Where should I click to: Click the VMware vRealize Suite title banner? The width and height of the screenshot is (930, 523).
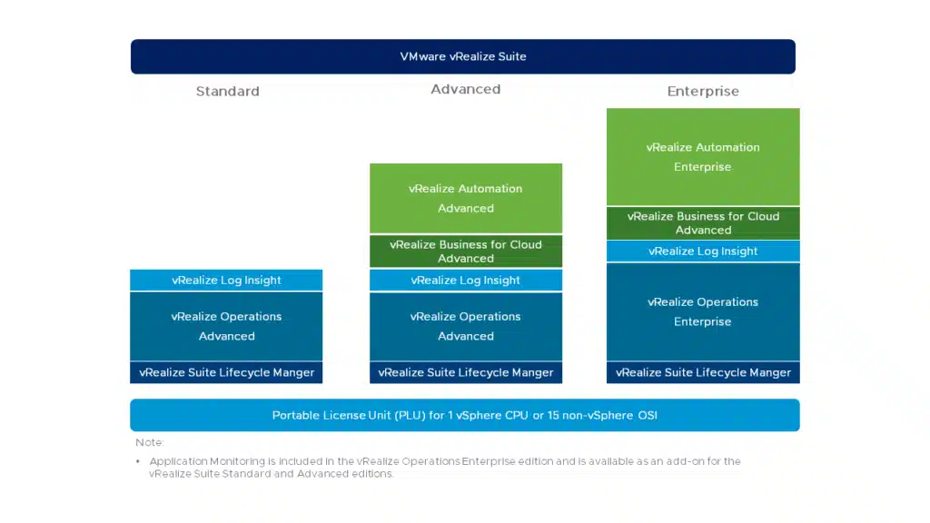click(x=462, y=56)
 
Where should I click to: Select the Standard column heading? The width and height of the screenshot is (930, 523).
click(x=228, y=92)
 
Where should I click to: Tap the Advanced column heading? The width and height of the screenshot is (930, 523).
click(x=466, y=89)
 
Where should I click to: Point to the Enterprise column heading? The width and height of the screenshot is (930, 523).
click(x=703, y=92)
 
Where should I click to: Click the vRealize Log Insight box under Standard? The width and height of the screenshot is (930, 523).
click(x=226, y=280)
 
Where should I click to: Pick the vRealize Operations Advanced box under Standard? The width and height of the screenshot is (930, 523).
click(x=226, y=326)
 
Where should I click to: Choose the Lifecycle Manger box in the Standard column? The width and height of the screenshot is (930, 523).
click(x=226, y=372)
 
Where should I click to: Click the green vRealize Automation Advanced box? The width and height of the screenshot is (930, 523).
click(x=466, y=198)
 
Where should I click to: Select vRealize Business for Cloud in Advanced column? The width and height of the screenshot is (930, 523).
click(x=466, y=252)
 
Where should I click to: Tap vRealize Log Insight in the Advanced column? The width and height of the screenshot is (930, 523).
click(x=466, y=280)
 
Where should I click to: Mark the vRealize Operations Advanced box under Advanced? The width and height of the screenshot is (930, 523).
click(x=466, y=326)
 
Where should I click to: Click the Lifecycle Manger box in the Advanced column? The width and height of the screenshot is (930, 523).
click(x=466, y=372)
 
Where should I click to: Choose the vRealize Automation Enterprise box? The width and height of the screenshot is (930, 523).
click(x=703, y=156)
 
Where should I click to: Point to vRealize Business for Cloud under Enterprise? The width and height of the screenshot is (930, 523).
click(x=703, y=223)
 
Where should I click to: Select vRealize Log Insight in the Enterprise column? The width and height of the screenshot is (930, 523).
click(x=703, y=251)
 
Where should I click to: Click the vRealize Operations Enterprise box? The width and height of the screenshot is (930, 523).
click(x=703, y=312)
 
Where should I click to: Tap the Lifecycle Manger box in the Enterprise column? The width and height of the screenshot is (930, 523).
click(x=703, y=372)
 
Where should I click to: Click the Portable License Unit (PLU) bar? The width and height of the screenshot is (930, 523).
click(x=465, y=415)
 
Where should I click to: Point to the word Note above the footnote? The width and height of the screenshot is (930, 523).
click(x=149, y=442)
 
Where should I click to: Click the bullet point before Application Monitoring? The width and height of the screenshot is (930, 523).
click(x=138, y=461)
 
